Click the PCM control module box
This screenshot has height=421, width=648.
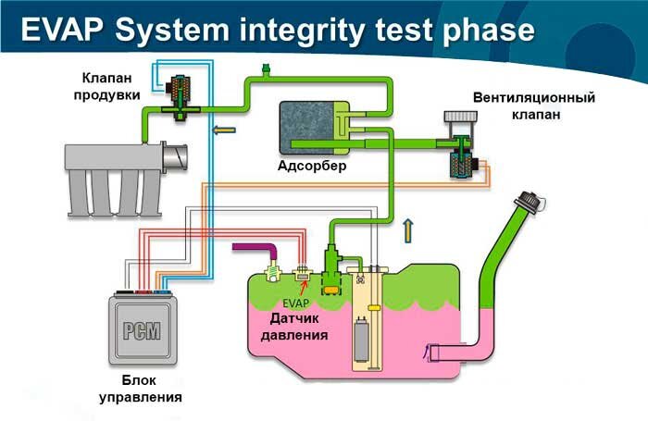(143, 329)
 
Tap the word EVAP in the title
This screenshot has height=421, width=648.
(62, 31)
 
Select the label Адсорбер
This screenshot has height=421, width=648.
(312, 166)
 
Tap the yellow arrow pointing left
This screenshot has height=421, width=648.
(224, 130)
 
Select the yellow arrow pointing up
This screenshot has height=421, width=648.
(408, 230)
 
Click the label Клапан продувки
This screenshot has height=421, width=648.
(107, 86)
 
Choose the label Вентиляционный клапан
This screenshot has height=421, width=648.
(534, 105)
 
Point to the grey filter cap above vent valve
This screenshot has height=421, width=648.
(460, 117)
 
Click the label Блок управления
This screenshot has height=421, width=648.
(141, 389)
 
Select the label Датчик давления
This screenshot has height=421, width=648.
(294, 327)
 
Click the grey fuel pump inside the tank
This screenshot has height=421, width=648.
(361, 340)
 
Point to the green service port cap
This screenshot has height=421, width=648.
(266, 67)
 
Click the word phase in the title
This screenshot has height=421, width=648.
(489, 31)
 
